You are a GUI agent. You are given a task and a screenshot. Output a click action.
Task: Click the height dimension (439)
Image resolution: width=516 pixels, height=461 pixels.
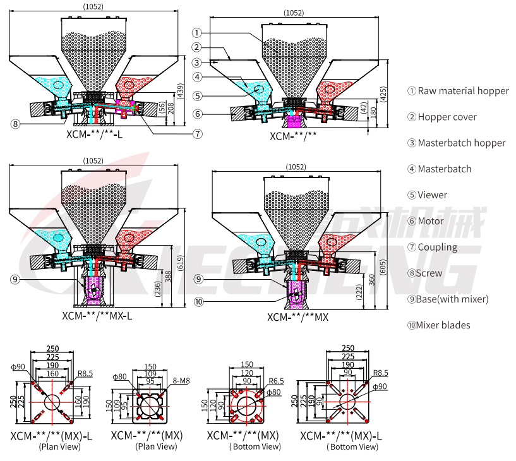point(180,91)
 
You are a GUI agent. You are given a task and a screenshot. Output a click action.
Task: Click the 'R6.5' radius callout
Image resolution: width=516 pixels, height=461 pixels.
point(277,381)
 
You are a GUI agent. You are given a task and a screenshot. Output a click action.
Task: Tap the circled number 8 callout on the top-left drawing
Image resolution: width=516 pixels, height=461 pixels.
point(15,124)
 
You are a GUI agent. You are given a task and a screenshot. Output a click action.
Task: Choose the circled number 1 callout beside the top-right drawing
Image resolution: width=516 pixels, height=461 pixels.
point(197,32)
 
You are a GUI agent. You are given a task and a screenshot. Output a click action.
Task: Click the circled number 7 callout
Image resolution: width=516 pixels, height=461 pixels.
point(198,134)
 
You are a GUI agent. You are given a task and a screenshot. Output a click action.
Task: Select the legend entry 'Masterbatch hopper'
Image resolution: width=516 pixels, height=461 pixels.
point(461,143)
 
